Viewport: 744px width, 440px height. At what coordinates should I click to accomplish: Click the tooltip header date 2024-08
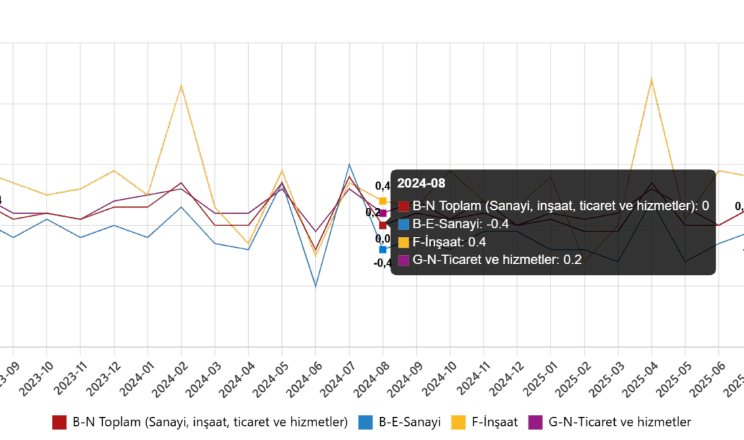click(x=416, y=183)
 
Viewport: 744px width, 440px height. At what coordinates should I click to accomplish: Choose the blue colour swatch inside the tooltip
click(x=404, y=224)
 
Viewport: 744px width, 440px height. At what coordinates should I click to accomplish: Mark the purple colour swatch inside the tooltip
click(x=404, y=259)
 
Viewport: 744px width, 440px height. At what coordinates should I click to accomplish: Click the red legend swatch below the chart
click(x=59, y=422)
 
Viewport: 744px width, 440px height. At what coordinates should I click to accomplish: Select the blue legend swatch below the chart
click(x=366, y=422)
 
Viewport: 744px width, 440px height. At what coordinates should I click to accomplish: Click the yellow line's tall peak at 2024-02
click(x=181, y=86)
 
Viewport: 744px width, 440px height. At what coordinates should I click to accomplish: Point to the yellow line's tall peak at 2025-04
click(x=651, y=79)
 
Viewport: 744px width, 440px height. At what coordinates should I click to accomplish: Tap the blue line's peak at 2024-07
click(x=349, y=164)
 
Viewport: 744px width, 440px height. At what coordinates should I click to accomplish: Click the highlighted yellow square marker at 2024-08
click(x=383, y=201)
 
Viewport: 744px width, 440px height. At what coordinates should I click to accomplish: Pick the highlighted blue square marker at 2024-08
click(x=383, y=249)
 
